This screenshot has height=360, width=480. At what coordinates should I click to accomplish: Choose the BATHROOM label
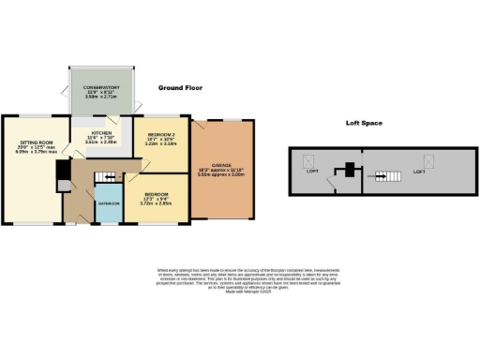(x=108, y=202)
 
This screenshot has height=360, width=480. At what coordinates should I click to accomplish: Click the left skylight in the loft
(x=307, y=161)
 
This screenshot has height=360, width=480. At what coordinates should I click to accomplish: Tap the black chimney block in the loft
(x=348, y=171)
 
